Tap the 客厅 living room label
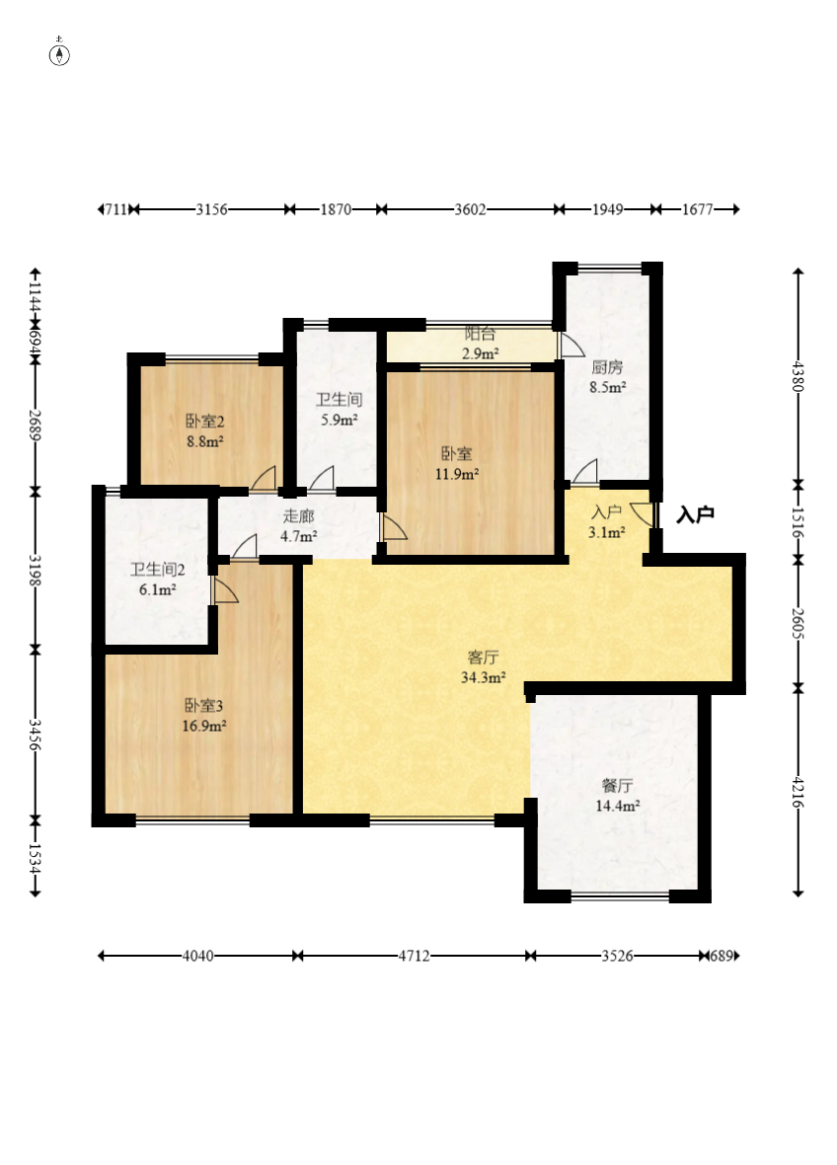tap(483, 657)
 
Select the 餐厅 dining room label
tap(617, 785)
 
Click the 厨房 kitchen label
tap(607, 366)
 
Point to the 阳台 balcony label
tap(480, 334)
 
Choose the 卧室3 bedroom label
tap(203, 705)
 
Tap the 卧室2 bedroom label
tap(205, 421)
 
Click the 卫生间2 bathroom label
tap(158, 569)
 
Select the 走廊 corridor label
tap(298, 515)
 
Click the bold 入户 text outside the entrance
tap(695, 514)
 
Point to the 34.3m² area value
tap(484, 677)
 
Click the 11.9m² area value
tap(457, 473)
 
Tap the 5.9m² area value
tap(340, 419)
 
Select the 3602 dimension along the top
tap(470, 209)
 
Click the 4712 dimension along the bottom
tap(414, 956)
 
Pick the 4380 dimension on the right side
tap(799, 376)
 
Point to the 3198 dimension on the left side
tap(35, 569)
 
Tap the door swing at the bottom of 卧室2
tap(264, 479)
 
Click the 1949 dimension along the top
tap(607, 209)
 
